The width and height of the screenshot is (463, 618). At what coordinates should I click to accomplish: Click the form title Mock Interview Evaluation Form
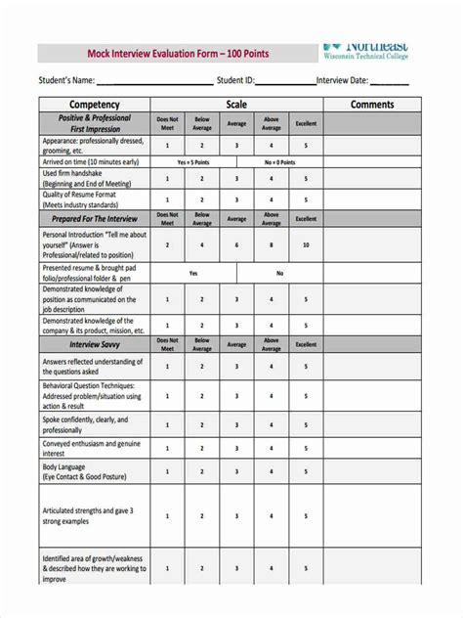coord(166,53)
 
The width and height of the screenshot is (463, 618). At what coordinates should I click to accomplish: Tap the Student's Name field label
coord(66,80)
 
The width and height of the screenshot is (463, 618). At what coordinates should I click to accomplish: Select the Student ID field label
coord(235,80)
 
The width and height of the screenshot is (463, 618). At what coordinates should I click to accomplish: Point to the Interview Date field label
coord(342,80)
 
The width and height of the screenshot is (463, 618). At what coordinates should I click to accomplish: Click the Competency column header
coord(94,105)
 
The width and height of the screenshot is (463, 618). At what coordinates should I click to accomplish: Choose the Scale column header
coord(236,105)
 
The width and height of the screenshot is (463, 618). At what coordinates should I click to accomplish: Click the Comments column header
coord(371,105)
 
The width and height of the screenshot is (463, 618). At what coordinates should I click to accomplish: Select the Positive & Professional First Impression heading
coord(94,123)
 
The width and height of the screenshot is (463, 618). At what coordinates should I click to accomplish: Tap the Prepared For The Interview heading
coord(94,218)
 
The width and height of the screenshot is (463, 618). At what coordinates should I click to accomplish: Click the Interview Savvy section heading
coord(94,344)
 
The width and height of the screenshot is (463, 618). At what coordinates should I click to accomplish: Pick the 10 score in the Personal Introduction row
coord(306,245)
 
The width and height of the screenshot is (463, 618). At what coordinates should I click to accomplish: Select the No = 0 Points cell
coord(281,161)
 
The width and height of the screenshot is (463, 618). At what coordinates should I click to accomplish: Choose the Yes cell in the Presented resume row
coord(193,274)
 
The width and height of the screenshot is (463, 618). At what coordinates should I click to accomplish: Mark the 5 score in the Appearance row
coord(306,145)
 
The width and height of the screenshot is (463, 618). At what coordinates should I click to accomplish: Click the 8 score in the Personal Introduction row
coord(272,245)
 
